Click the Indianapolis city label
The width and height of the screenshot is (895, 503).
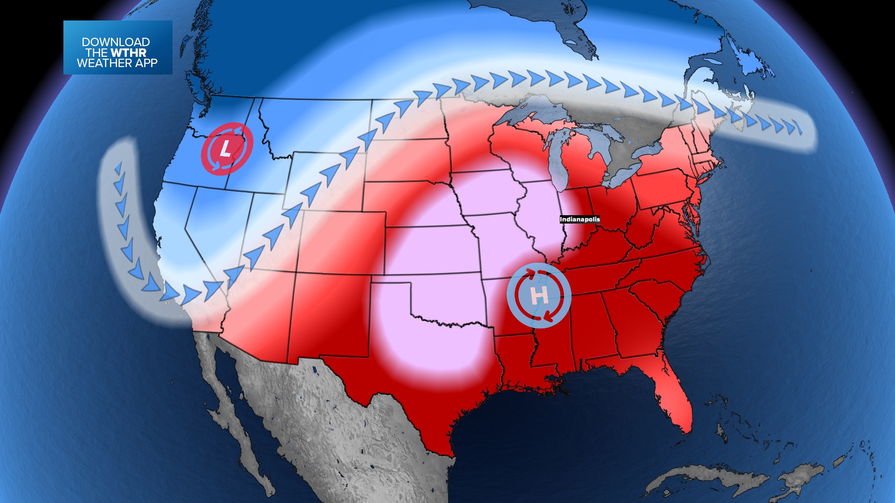(579, 219)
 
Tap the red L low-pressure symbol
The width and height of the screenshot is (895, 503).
(227, 149)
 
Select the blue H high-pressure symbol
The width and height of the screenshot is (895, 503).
(539, 295)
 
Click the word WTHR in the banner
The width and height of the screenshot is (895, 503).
(129, 53)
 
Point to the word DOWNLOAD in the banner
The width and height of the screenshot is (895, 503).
(116, 42)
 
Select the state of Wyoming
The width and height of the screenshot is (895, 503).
(326, 182)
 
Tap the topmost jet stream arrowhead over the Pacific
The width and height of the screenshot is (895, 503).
(118, 168)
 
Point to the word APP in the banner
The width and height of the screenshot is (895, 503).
(146, 63)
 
